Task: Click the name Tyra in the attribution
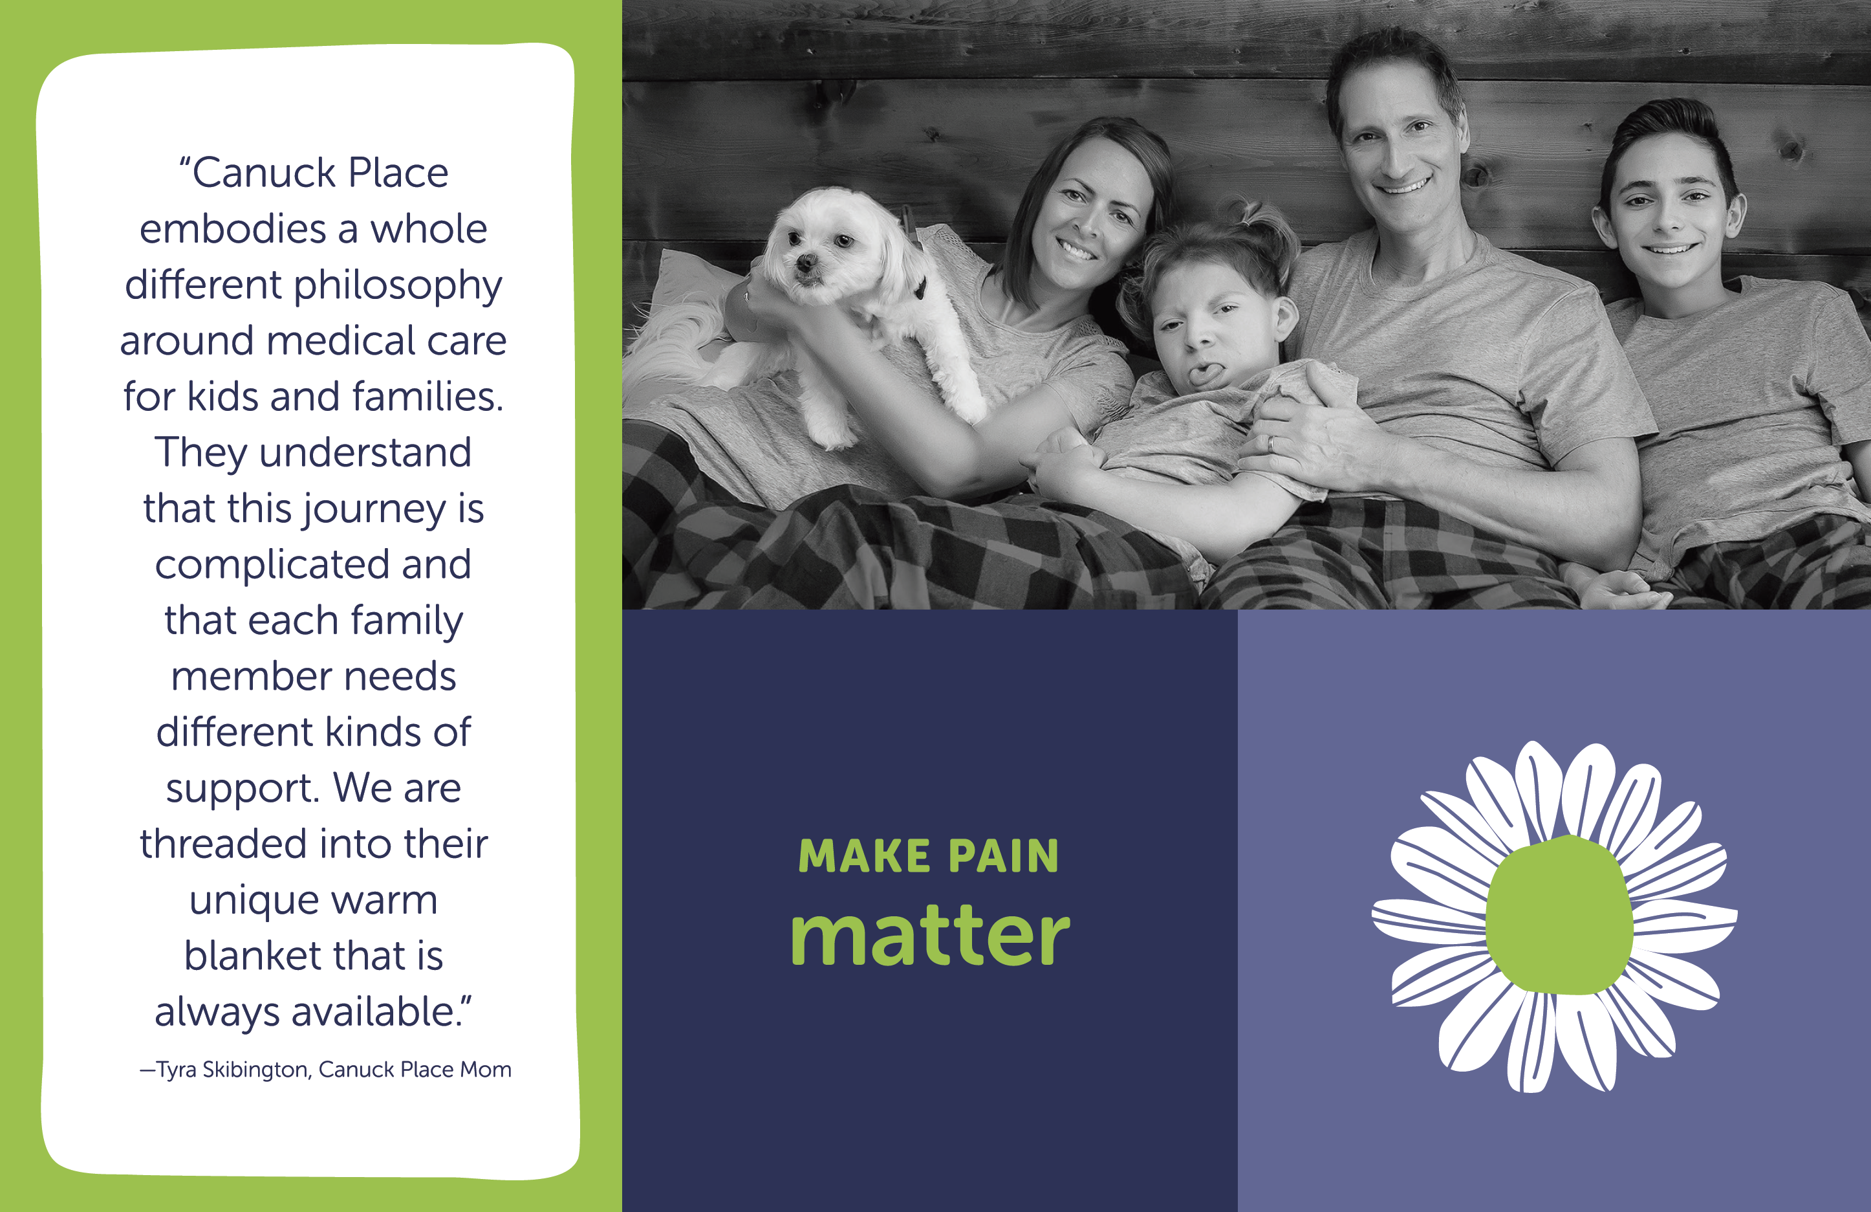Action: pyautogui.click(x=176, y=1070)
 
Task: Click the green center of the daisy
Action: pyautogui.click(x=1559, y=915)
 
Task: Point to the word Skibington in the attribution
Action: pyautogui.click(x=257, y=1070)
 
